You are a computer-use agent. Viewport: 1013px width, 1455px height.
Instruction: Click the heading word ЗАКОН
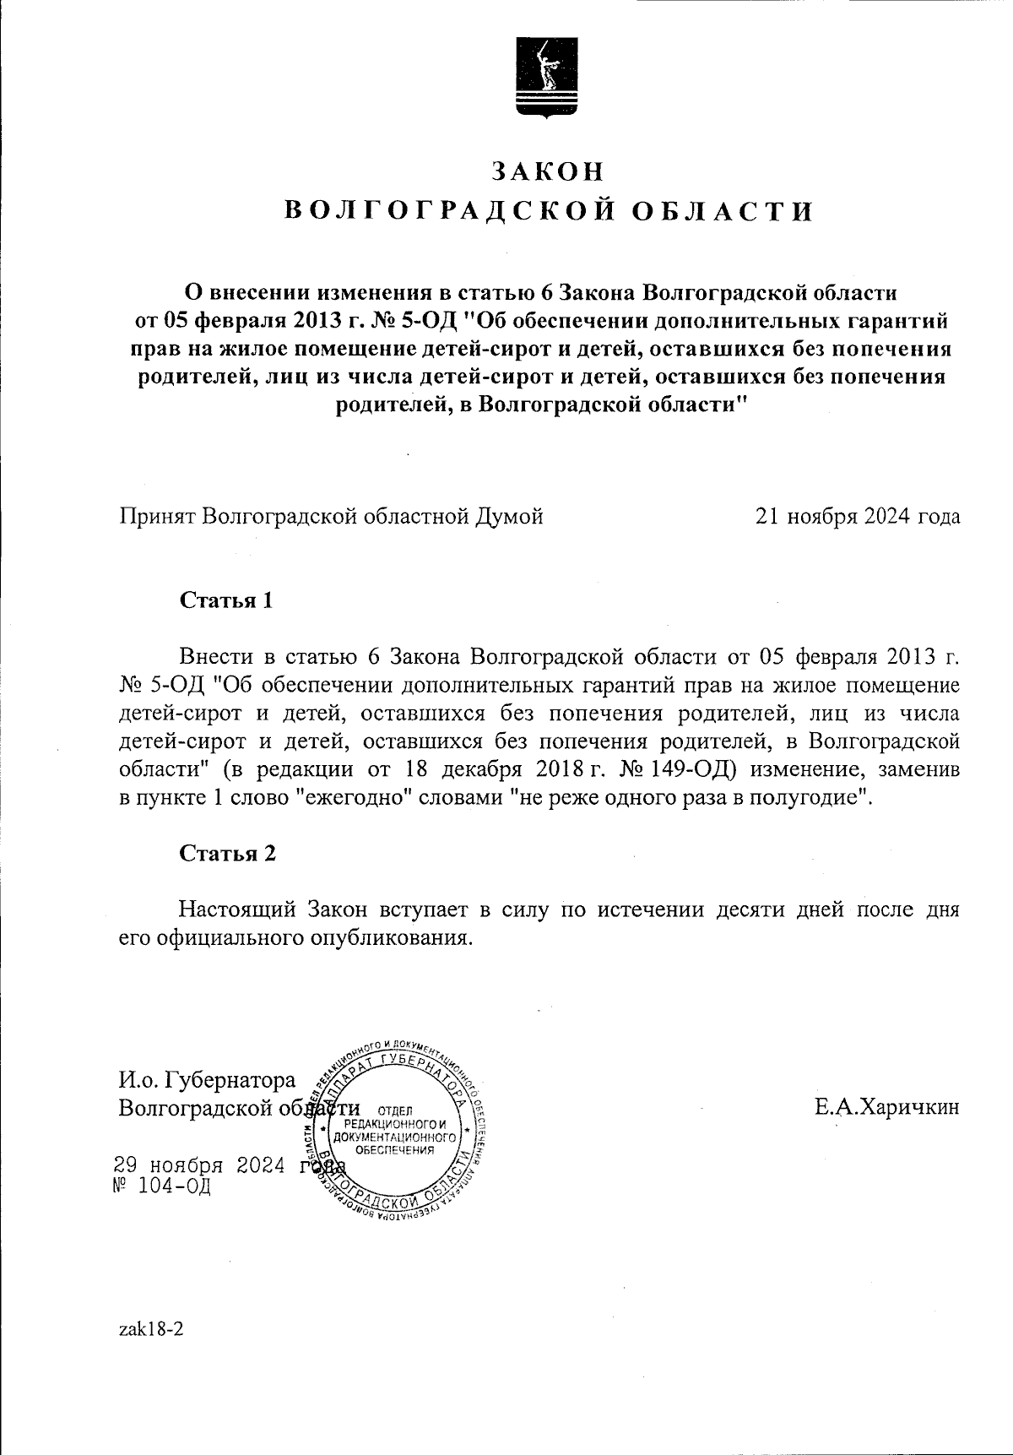coord(549,171)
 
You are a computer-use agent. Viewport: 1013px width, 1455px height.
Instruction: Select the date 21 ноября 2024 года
coord(858,516)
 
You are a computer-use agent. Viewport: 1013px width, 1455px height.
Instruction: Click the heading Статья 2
coord(228,853)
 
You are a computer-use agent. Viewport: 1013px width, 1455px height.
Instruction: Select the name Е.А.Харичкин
coord(886,1107)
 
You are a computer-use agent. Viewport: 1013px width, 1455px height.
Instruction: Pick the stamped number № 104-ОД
coord(161,1186)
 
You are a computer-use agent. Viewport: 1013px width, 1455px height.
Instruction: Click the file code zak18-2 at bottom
coord(152,1329)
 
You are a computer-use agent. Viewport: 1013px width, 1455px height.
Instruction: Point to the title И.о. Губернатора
coord(208,1080)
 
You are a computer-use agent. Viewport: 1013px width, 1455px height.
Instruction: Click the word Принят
coord(158,516)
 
